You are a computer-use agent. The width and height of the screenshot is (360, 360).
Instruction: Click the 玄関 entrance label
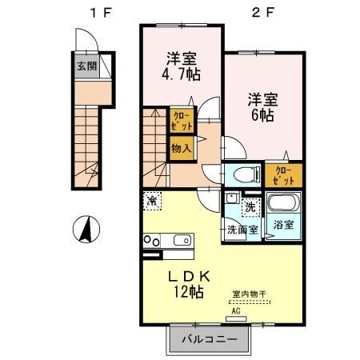(x=86, y=66)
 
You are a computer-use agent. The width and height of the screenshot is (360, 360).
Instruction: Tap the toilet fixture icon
(x=242, y=172)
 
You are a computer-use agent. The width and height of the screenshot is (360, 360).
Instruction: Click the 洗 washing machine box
(x=250, y=207)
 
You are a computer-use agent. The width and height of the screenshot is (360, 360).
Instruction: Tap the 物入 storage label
(x=181, y=148)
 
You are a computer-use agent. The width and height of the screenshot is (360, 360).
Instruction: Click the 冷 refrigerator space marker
(x=151, y=200)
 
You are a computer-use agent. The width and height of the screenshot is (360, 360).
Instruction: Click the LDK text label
(x=183, y=276)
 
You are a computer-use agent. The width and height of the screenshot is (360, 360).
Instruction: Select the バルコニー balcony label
(x=209, y=339)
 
